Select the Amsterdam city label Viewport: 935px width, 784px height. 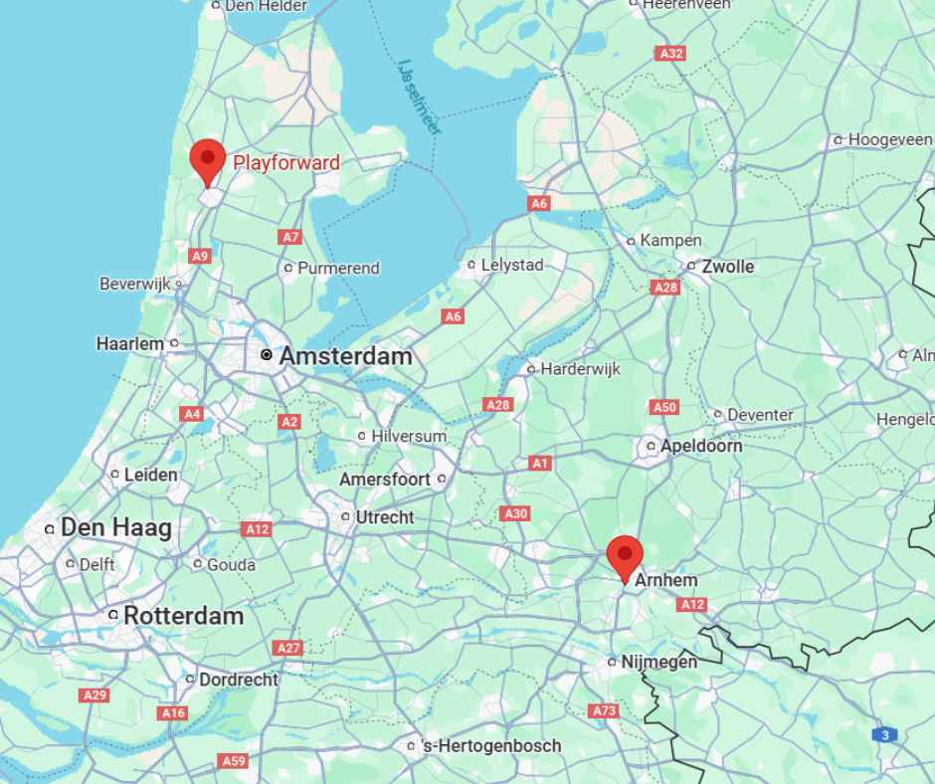(x=345, y=355)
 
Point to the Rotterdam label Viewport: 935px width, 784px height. (x=183, y=616)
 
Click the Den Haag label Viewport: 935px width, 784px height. (x=116, y=527)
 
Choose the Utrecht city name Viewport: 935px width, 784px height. (x=384, y=517)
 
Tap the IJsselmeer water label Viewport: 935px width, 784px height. (x=420, y=97)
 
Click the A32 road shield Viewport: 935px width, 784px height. (x=670, y=53)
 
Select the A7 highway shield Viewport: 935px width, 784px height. (x=289, y=237)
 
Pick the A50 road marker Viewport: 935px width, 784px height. (x=664, y=407)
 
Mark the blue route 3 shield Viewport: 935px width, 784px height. (x=884, y=734)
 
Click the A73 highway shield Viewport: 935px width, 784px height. (x=604, y=710)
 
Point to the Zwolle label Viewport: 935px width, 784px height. (x=728, y=267)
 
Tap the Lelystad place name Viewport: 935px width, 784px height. (x=512, y=266)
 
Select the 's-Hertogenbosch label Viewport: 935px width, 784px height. (x=491, y=745)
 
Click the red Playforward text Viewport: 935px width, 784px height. (x=286, y=163)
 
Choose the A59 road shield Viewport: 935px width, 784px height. (x=232, y=761)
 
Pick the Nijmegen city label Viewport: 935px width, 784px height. (x=658, y=662)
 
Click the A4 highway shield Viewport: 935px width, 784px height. (x=192, y=414)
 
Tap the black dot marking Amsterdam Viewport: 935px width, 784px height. (x=266, y=355)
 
